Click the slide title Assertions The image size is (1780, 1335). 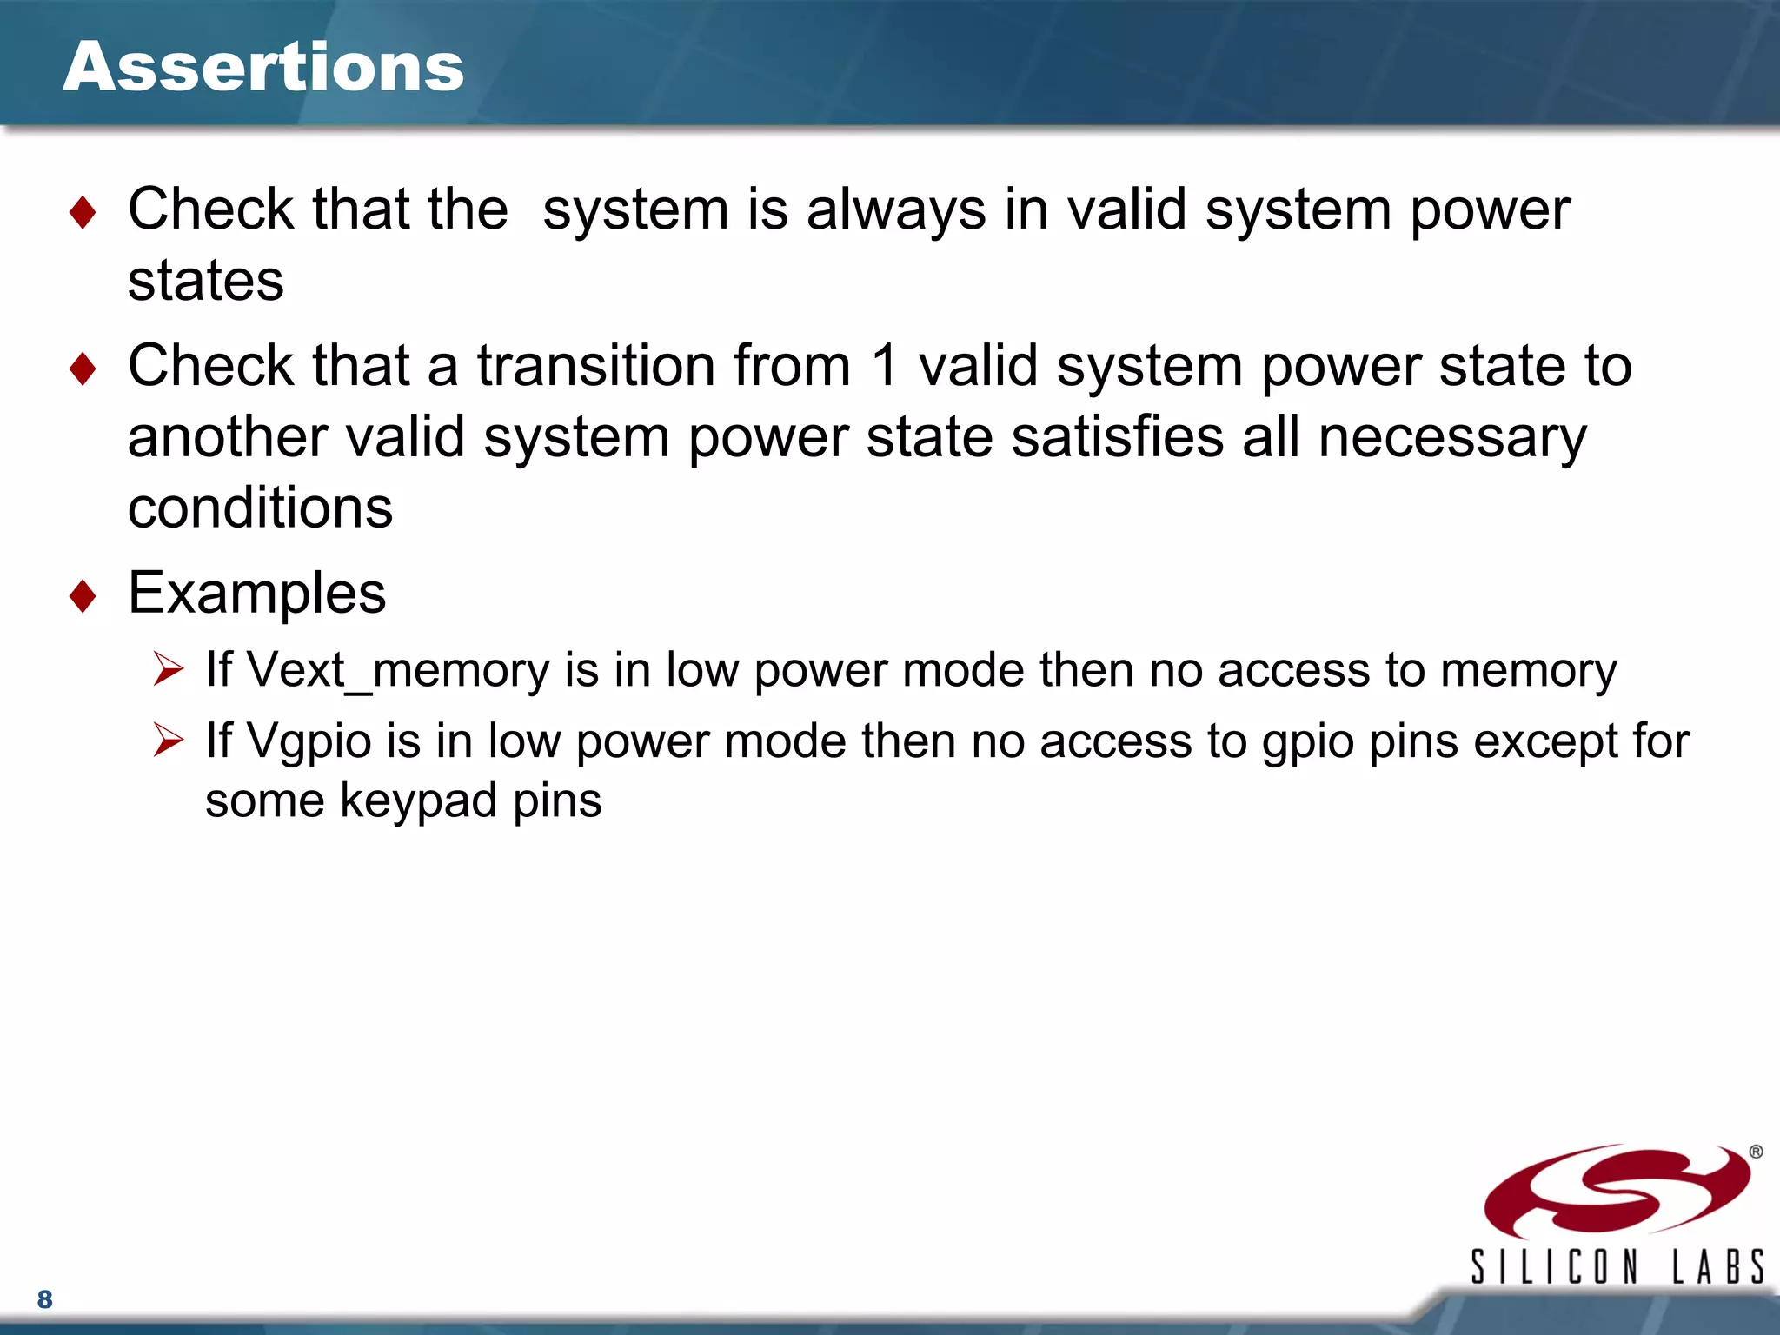click(263, 67)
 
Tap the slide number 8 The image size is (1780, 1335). click(45, 1299)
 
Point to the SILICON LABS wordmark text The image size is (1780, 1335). click(1617, 1266)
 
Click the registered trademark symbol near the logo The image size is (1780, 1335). click(1756, 1152)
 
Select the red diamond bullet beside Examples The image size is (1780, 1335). click(83, 595)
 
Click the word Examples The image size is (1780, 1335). click(256, 593)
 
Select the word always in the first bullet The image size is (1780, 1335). click(896, 210)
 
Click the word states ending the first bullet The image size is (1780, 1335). click(206, 281)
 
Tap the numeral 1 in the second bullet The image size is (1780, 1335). click(884, 365)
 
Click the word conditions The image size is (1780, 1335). click(260, 508)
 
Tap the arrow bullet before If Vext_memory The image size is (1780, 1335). click(168, 669)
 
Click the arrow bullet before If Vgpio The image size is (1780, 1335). click(168, 741)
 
